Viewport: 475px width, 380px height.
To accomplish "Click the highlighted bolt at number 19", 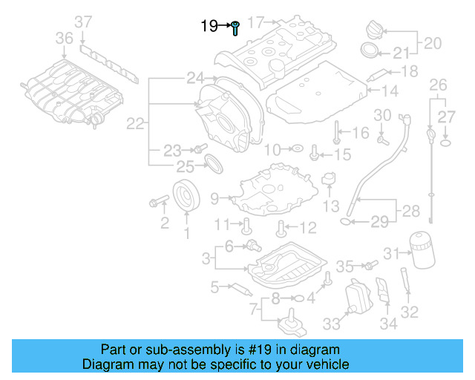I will click(235, 29).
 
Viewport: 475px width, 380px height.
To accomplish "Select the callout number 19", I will click(209, 27).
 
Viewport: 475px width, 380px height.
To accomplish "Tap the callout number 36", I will click(65, 38).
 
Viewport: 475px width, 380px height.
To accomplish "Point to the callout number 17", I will click(256, 22).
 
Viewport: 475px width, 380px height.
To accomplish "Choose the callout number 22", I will click(134, 125).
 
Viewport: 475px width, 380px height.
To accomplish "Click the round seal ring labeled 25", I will click(212, 163).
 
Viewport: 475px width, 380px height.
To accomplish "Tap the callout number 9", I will click(214, 198).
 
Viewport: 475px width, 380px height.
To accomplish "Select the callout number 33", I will click(330, 324).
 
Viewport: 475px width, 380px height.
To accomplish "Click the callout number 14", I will click(390, 91).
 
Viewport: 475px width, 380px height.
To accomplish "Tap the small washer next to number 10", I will click(296, 149).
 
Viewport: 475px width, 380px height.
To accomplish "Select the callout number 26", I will click(439, 83).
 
